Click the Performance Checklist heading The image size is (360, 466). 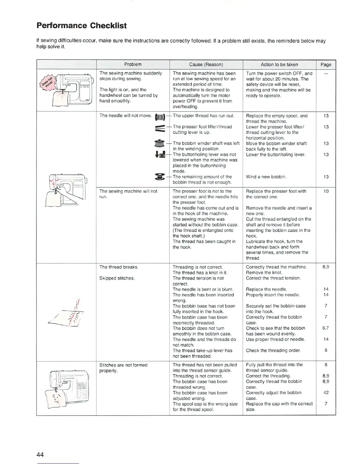pyautogui.click(x=81, y=26)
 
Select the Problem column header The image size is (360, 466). pyautogui.click(x=133, y=64)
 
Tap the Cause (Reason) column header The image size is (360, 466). pyautogui.click(x=206, y=64)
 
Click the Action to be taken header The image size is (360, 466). pyautogui.click(x=279, y=64)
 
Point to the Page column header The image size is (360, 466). pyautogui.click(x=326, y=64)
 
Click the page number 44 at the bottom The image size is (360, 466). pyautogui.click(x=40, y=455)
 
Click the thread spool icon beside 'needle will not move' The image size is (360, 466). pyautogui.click(x=160, y=117)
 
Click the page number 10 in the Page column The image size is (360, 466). pyautogui.click(x=326, y=191)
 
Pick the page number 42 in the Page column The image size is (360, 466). pyautogui.click(x=326, y=392)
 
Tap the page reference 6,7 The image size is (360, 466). pyautogui.click(x=325, y=328)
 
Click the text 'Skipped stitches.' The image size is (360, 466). pyautogui.click(x=117, y=278)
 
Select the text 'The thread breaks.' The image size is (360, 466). pyautogui.click(x=119, y=267)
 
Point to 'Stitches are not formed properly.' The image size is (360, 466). pyautogui.click(x=123, y=368)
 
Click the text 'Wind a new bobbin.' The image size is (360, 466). pyautogui.click(x=266, y=177)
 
